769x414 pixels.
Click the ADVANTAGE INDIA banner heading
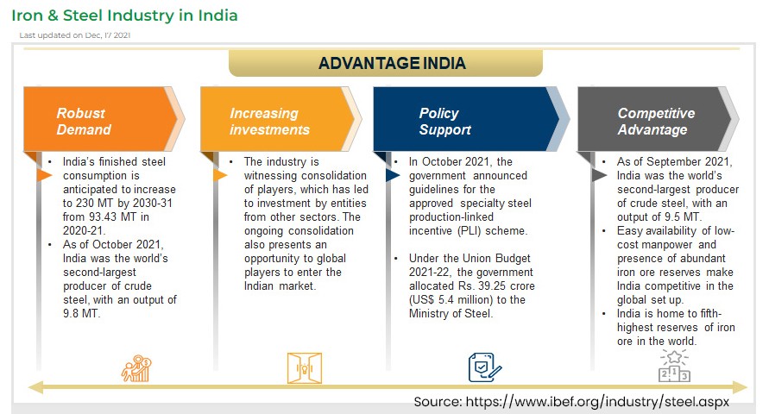[x=392, y=63]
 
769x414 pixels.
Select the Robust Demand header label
[x=84, y=121]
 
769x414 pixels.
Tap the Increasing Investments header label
[x=270, y=121]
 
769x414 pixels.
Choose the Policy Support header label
[x=444, y=121]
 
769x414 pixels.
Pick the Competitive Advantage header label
[x=656, y=121]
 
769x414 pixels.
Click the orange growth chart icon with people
[x=136, y=368]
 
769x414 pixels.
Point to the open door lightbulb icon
[x=305, y=368]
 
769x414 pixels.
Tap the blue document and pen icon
[x=484, y=367]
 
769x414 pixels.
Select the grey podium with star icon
[x=674, y=366]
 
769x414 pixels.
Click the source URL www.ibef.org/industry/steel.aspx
[x=597, y=402]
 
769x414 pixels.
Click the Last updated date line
[x=74, y=35]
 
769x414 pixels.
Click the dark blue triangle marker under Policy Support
[x=393, y=175]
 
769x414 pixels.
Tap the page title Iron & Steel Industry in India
[x=124, y=16]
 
